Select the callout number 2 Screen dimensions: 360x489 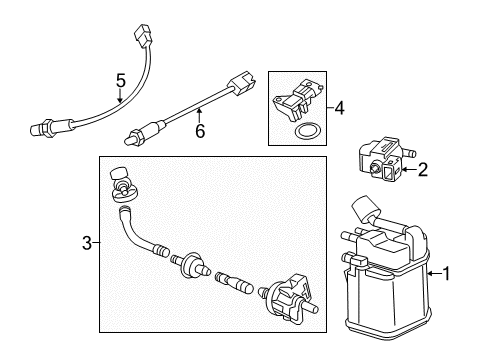[x=423, y=171]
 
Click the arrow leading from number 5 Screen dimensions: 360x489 [x=119, y=95]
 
